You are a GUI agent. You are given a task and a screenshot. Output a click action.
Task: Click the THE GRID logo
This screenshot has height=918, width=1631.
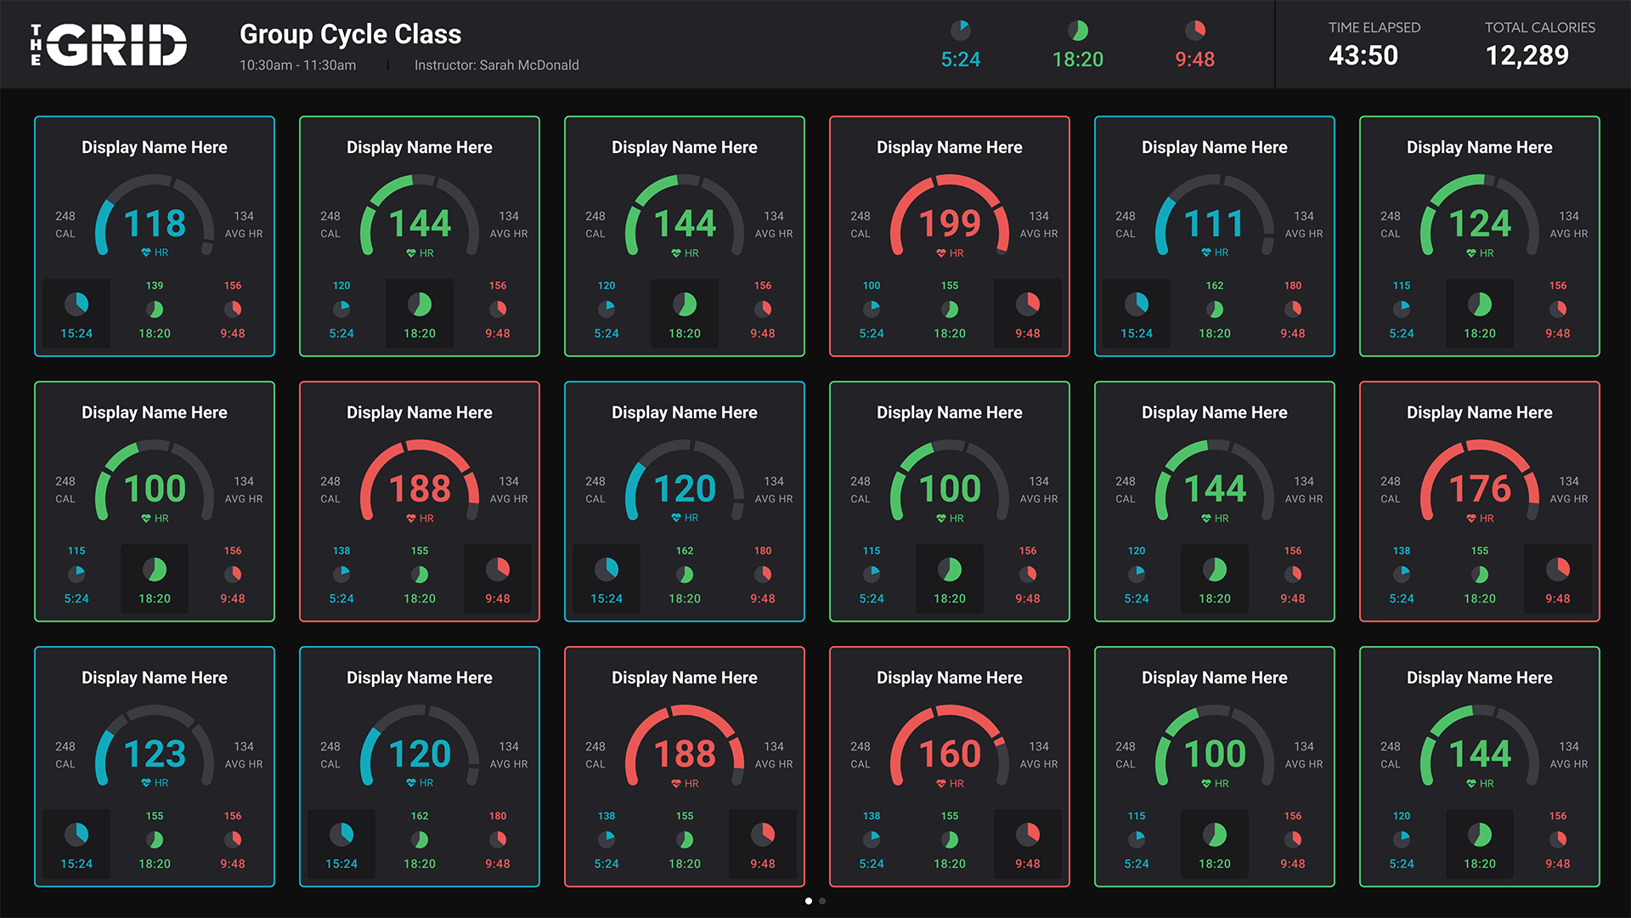coord(109,44)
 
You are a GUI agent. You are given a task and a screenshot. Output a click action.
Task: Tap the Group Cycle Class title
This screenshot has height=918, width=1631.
coord(350,34)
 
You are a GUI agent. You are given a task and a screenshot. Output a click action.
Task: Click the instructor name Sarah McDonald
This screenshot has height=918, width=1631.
coord(528,65)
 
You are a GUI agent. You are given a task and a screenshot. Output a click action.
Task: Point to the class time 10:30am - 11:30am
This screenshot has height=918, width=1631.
coord(297,65)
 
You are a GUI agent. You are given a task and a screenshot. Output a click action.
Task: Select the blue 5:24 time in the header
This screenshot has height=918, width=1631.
coord(960,59)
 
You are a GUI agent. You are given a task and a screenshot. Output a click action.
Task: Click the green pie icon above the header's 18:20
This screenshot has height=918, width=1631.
coord(1077,31)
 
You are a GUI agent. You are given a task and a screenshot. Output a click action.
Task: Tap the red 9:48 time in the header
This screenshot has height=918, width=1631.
coord(1194,59)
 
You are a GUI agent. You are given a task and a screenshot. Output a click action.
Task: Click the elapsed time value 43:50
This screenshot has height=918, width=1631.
coord(1363,55)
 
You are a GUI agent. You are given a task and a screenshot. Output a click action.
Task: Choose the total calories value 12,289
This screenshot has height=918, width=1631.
coord(1527,55)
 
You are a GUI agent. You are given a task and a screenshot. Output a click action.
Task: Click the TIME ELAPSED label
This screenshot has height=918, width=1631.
coord(1374,27)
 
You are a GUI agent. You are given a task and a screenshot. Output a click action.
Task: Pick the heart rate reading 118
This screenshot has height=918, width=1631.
coord(155,224)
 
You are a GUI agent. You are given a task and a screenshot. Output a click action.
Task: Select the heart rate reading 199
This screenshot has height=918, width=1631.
coord(950,224)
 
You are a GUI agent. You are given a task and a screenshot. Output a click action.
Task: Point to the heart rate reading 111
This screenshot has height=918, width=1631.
coord(1215,224)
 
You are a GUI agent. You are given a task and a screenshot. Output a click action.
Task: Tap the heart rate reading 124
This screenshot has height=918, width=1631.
coord(1480,224)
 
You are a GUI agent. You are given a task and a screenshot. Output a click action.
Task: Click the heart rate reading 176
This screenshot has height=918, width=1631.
coord(1480,489)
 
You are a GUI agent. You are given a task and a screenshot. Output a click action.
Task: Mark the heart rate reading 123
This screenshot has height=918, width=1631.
coord(155,754)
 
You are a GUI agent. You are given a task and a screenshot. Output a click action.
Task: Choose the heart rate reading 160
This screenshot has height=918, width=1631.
coord(950,754)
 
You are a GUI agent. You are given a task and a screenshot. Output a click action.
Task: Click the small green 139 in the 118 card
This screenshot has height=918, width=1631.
coord(155,286)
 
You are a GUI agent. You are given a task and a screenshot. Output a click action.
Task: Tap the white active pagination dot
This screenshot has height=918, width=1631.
coord(809,901)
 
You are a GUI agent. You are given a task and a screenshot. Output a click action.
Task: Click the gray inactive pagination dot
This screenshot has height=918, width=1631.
coord(822,901)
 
